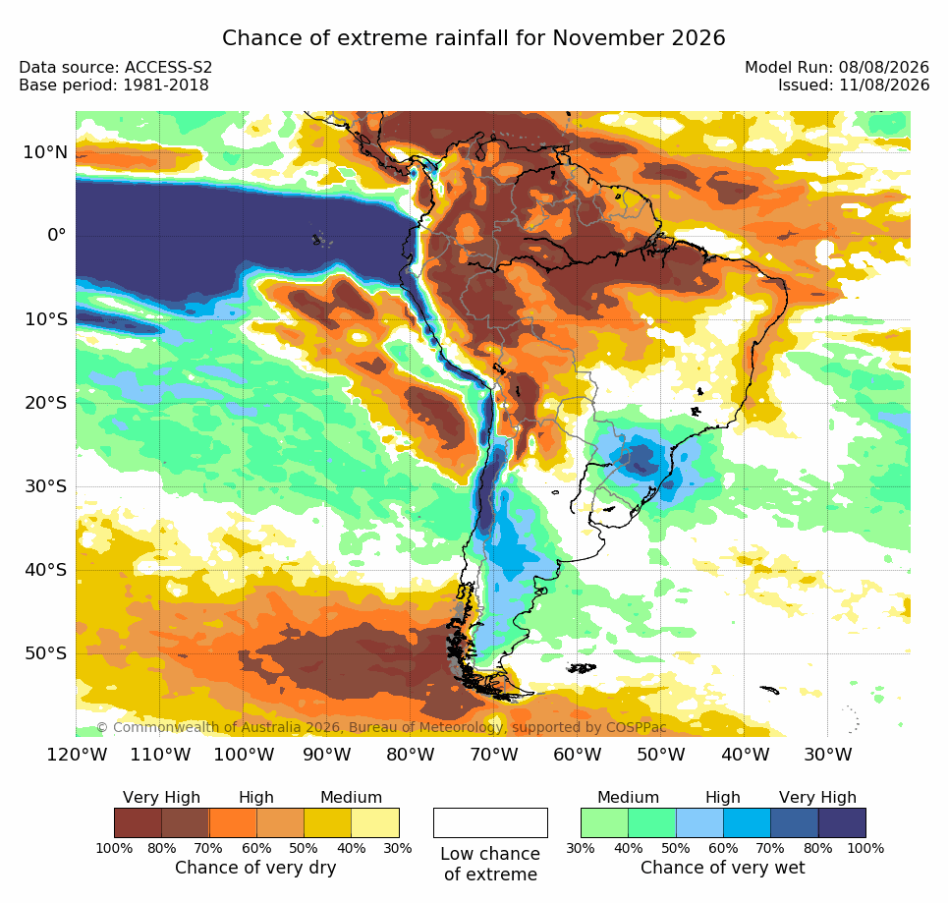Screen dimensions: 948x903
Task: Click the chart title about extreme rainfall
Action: tap(474, 38)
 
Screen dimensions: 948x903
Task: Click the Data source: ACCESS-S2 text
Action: tap(116, 67)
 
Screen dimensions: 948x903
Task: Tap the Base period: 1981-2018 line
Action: tap(114, 85)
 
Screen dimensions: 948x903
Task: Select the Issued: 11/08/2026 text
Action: tap(854, 85)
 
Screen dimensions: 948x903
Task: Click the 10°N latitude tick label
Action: tap(45, 152)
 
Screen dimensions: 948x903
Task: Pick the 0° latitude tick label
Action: tap(57, 235)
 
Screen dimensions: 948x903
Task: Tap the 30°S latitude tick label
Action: tap(45, 486)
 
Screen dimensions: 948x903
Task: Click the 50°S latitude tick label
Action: tap(45, 653)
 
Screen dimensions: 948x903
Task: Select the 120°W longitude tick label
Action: tap(77, 755)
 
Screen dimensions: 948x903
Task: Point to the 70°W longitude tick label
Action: tap(494, 755)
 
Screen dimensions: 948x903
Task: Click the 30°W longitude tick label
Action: tap(828, 755)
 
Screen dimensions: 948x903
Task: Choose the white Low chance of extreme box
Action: tap(490, 822)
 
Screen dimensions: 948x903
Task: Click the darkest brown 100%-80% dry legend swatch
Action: tap(138, 822)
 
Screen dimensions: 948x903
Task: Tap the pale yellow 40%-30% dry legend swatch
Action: tap(375, 822)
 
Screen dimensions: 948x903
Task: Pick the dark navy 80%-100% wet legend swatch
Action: tap(842, 822)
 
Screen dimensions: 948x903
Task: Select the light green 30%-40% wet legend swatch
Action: tap(604, 822)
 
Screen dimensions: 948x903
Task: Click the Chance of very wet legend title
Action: tap(722, 868)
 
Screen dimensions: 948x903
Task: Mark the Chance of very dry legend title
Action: tap(255, 868)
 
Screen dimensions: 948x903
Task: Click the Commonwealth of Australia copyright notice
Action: tap(381, 727)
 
